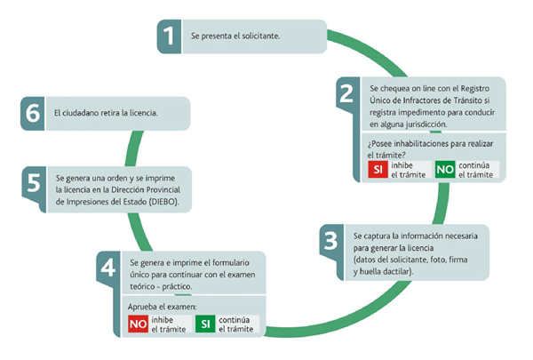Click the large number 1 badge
point(170,36)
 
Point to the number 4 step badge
point(108,268)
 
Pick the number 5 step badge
point(34,183)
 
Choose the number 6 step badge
point(33,113)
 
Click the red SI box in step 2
point(378,170)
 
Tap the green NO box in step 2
point(445,170)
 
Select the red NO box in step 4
point(138,324)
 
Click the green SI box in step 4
point(205,324)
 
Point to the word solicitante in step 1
point(261,36)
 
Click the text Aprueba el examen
point(163,307)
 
